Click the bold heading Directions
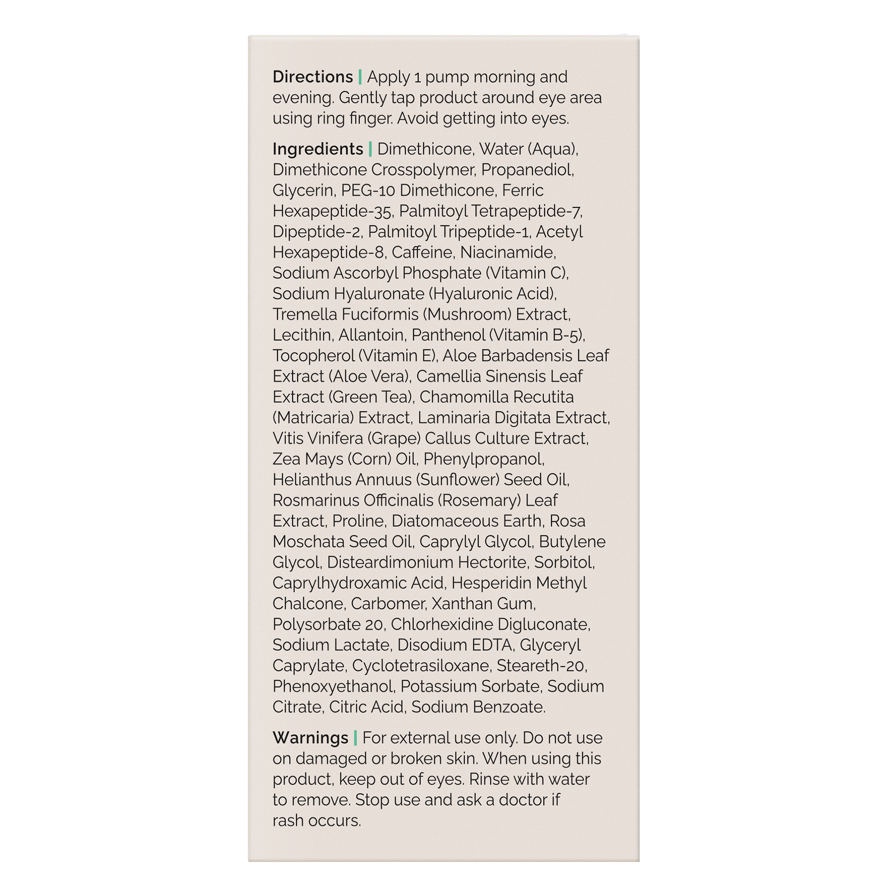tap(312, 77)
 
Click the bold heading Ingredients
tap(318, 149)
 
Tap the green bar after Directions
tap(360, 77)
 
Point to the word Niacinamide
tap(508, 252)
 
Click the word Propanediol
tap(527, 170)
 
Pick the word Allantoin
tap(372, 335)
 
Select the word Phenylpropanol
tap(483, 459)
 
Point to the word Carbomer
tap(388, 603)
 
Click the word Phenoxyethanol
tap(333, 686)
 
